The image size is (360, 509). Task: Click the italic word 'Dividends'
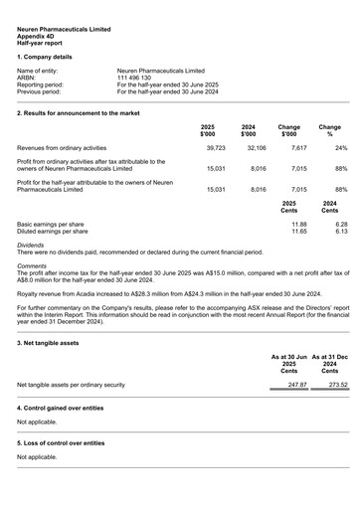(x=31, y=245)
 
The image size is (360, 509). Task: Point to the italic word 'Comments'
(x=32, y=265)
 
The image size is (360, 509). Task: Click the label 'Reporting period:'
(x=41, y=85)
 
